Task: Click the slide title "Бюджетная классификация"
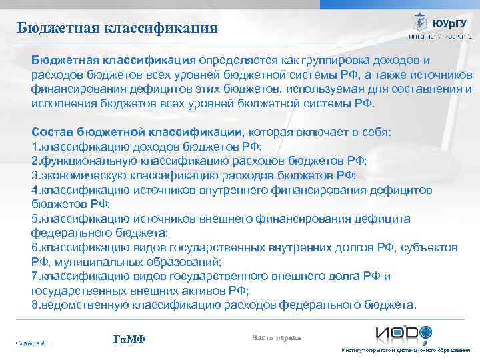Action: click(118, 27)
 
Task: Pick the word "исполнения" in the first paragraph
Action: click(65, 105)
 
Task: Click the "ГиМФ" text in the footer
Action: click(129, 340)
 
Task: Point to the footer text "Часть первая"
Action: click(277, 337)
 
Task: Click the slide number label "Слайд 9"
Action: click(30, 343)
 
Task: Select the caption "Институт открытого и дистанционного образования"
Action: click(405, 351)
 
